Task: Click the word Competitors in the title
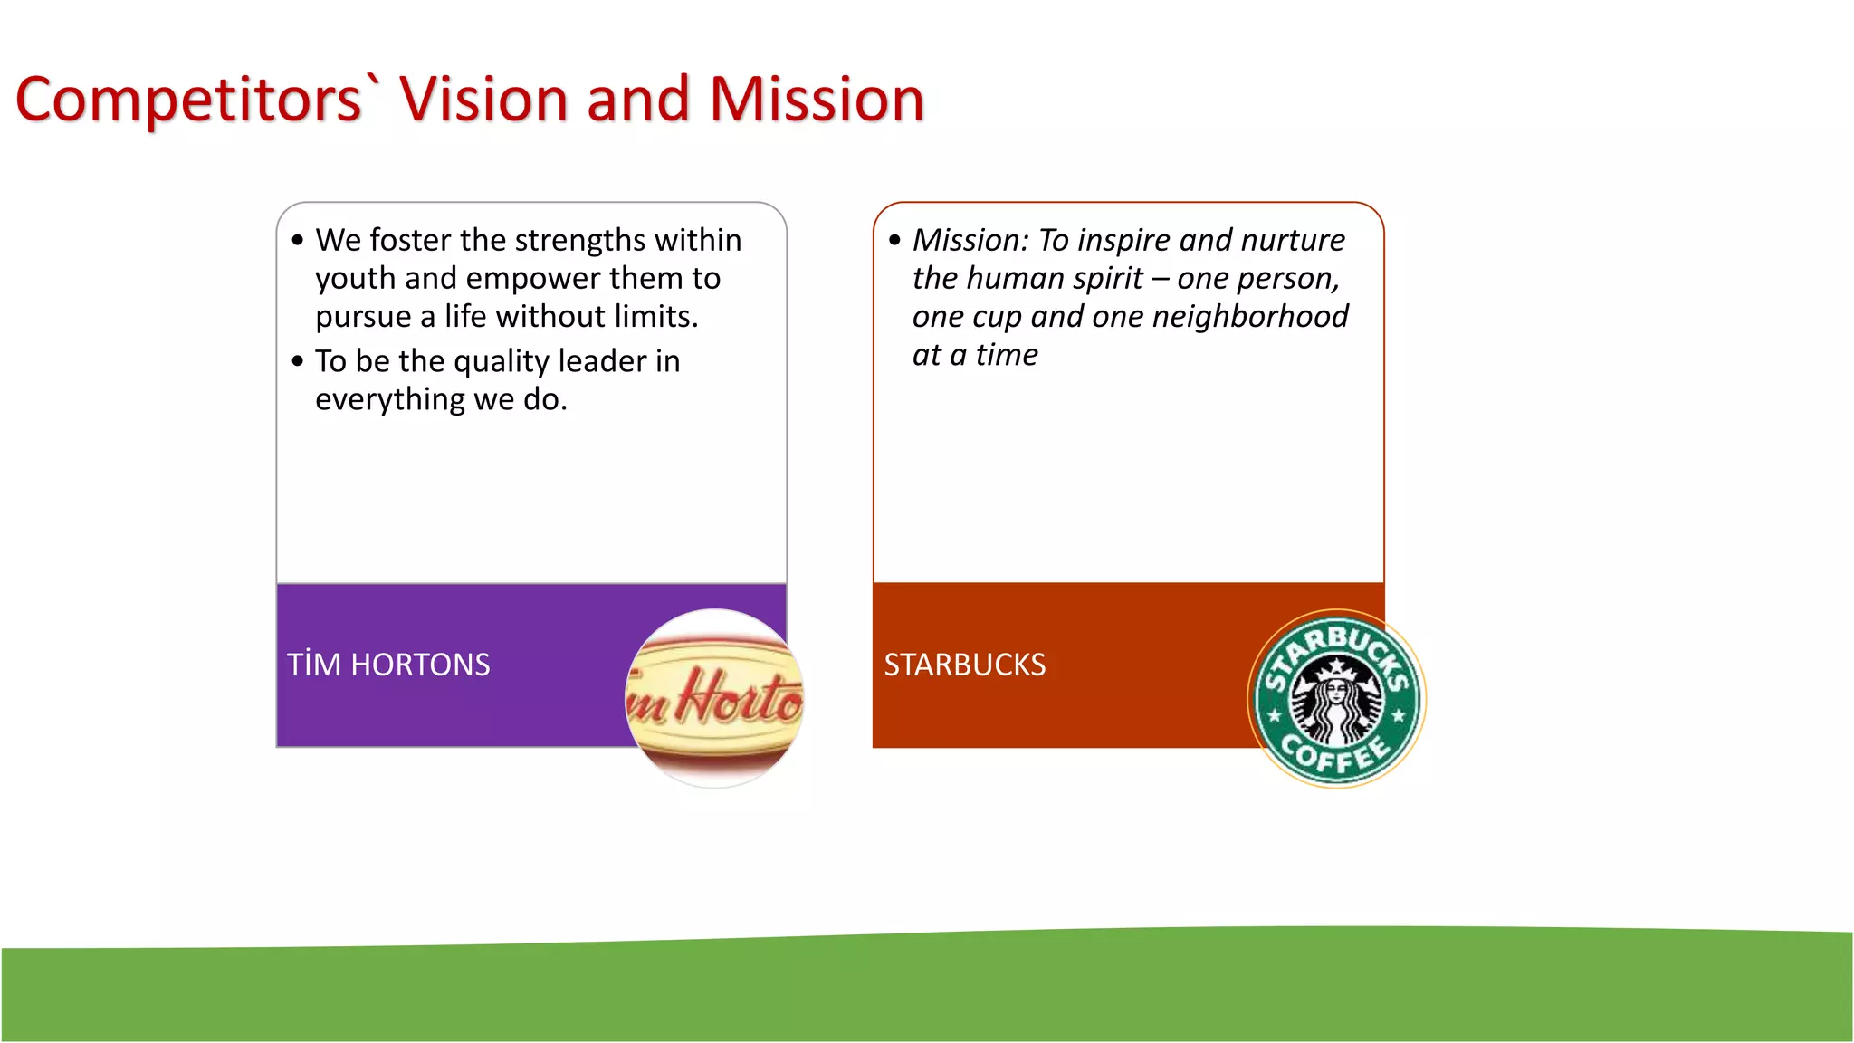point(188,100)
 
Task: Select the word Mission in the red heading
point(816,100)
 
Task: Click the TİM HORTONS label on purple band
point(388,665)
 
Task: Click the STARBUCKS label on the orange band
point(964,665)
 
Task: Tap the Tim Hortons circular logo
point(714,698)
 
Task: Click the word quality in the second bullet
point(501,362)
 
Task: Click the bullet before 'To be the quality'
point(298,361)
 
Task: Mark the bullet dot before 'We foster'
point(298,240)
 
